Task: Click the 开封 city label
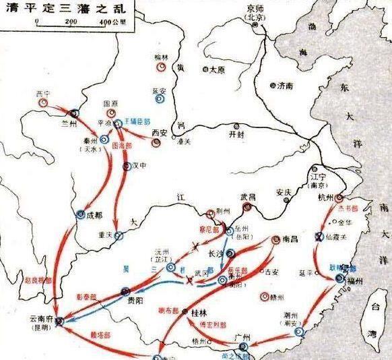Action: [236, 135]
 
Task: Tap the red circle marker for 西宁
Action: [44, 103]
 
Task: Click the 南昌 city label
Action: [290, 239]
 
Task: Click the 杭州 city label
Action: [325, 197]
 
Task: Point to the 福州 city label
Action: [357, 280]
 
